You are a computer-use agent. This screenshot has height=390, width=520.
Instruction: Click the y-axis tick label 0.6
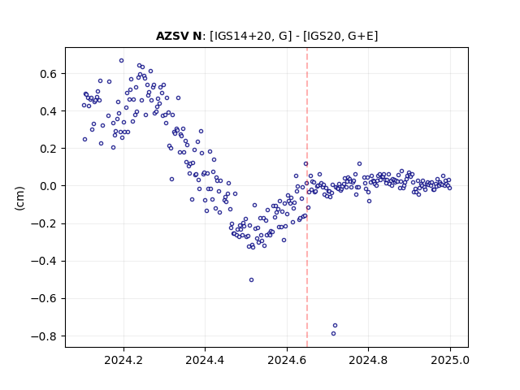pos(48,74)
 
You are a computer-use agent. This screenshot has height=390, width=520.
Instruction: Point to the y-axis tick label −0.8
pos(44,336)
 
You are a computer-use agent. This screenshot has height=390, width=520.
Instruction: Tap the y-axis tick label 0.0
pos(48,186)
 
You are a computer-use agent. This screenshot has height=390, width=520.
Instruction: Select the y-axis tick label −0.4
pos(44,262)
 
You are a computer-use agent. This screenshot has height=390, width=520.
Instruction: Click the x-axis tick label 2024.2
pos(123,360)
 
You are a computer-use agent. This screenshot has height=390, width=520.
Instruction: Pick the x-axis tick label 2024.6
pos(287,360)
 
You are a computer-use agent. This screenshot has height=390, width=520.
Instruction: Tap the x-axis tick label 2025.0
pos(450,360)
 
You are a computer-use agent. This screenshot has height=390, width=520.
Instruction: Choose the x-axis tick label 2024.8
pos(368,360)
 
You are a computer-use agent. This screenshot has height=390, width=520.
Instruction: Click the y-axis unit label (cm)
pos(19,198)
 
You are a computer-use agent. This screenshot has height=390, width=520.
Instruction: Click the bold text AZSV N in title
pos(179,36)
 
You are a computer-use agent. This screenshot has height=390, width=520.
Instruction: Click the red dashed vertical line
pos(307,197)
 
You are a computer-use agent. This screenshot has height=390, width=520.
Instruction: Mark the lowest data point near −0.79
pos(333,334)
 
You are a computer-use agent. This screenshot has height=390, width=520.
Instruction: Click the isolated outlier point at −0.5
pos(251,279)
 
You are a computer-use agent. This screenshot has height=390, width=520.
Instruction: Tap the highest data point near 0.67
pos(121,61)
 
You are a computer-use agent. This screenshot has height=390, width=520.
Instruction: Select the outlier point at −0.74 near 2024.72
pos(335,325)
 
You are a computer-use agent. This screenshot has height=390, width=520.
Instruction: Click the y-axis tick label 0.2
pos(48,149)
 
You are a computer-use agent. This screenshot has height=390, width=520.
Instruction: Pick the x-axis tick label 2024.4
pos(205,360)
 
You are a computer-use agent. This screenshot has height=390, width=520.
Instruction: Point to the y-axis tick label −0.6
pos(44,299)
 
